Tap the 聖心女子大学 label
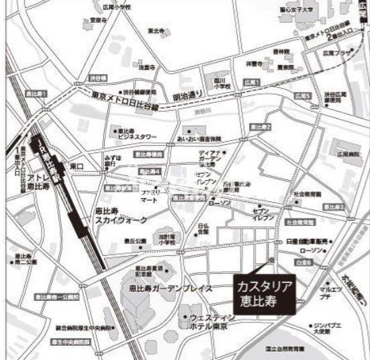(297, 10)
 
